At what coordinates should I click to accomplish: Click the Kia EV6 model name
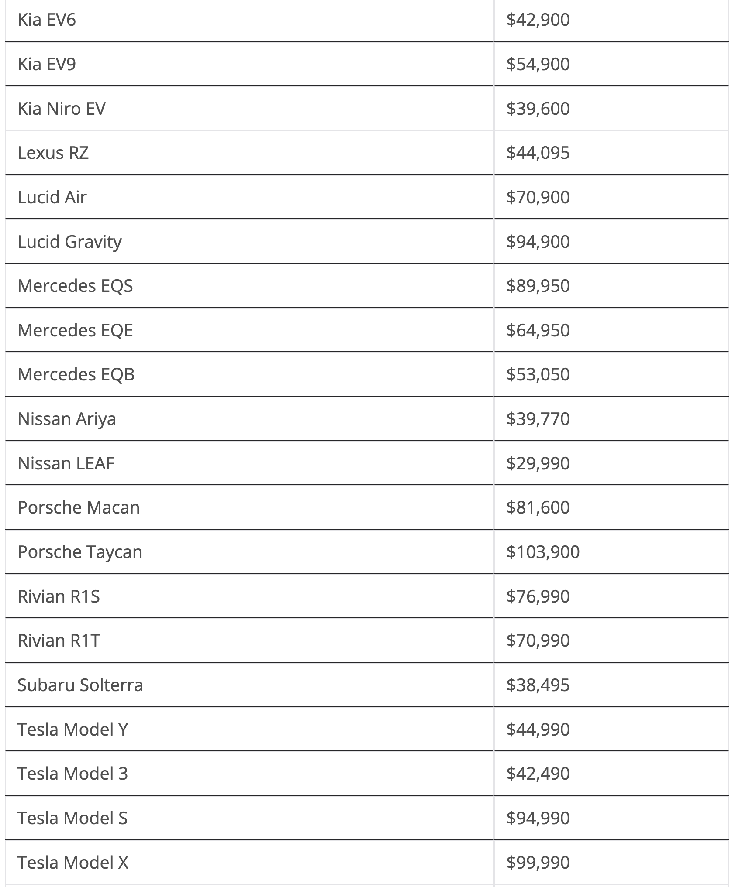(x=46, y=20)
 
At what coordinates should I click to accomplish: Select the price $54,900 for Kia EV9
(x=538, y=64)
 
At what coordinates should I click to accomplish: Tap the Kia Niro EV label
(x=61, y=109)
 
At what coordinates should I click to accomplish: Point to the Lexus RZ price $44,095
(x=538, y=153)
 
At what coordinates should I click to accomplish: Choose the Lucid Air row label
(x=52, y=197)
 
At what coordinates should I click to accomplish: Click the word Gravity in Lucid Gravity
(x=93, y=242)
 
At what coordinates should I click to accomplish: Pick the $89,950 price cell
(x=538, y=286)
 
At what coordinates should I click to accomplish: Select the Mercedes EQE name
(x=75, y=330)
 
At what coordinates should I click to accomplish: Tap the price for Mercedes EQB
(x=538, y=374)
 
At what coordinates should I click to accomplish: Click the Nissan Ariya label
(x=66, y=419)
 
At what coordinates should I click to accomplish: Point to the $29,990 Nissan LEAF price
(x=538, y=463)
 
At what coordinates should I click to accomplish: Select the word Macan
(x=113, y=507)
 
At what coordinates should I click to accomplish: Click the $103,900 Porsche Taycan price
(x=543, y=552)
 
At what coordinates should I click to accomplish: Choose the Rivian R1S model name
(x=59, y=596)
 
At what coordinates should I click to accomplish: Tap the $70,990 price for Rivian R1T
(x=538, y=640)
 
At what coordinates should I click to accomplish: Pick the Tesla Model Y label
(x=72, y=729)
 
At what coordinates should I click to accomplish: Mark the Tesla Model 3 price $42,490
(x=538, y=774)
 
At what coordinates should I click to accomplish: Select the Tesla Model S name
(x=72, y=818)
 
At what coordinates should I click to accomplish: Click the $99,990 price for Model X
(x=538, y=863)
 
